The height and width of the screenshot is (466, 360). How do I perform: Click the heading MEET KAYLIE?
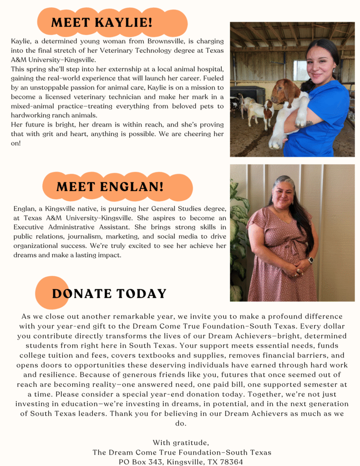coord(101,22)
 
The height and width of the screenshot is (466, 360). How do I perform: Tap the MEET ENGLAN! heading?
coord(110,187)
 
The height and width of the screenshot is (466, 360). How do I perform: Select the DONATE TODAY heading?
coord(109,294)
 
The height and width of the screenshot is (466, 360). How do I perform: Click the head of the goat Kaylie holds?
coord(284,91)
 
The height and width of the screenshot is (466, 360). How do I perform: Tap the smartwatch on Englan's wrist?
coord(311,260)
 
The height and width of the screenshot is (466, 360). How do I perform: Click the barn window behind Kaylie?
coord(300,71)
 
